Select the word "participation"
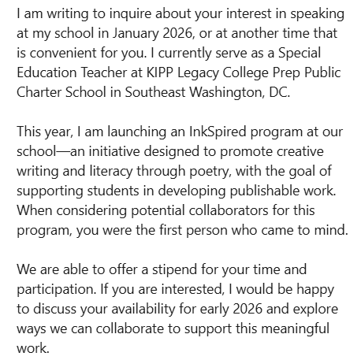point(54,291)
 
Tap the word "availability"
point(142,308)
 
